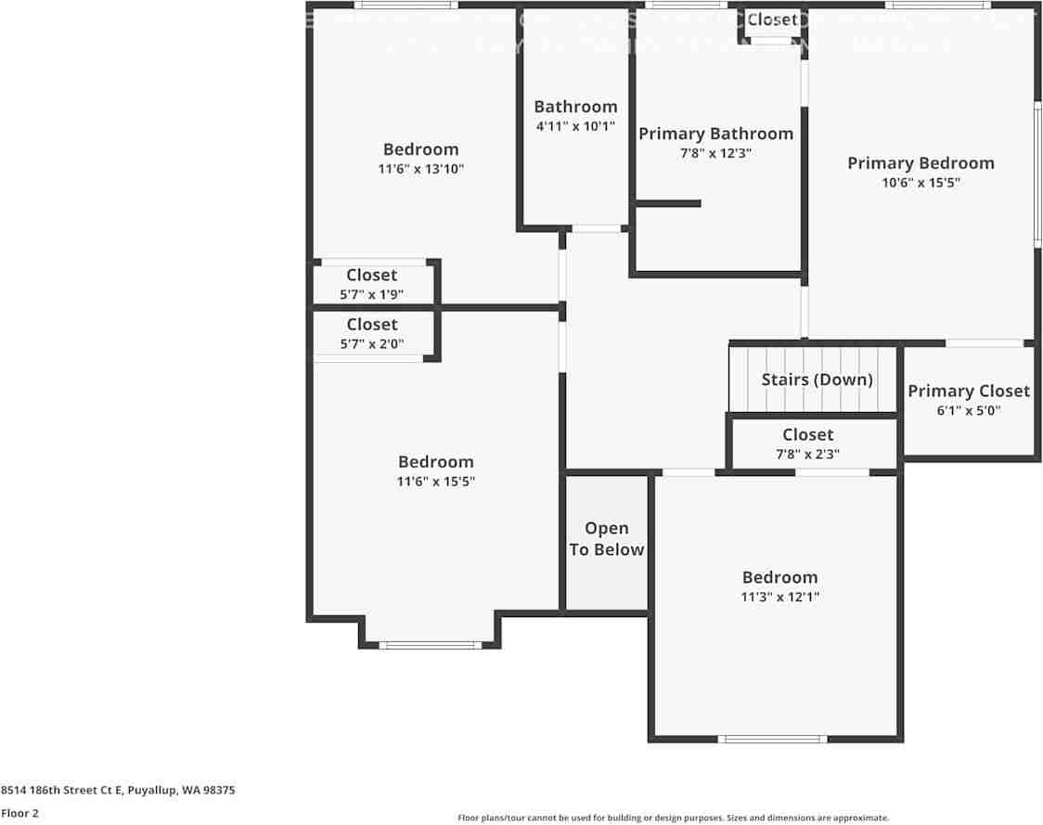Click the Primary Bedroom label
(x=921, y=163)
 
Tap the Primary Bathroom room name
(x=715, y=134)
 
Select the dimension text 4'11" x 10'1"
(x=575, y=126)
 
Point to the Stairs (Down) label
(x=817, y=380)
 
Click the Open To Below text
(x=606, y=539)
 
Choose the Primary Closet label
(x=969, y=391)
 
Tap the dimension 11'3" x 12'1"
(x=779, y=597)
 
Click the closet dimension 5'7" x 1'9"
(x=371, y=295)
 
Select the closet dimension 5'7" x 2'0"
(x=371, y=343)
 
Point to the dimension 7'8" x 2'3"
(x=807, y=454)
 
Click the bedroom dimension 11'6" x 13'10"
(x=420, y=169)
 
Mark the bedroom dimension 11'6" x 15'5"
(x=436, y=482)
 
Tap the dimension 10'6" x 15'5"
(x=921, y=183)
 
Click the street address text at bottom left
(x=118, y=791)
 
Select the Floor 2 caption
(x=19, y=813)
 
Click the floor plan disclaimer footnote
(x=673, y=818)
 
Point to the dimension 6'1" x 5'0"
(x=969, y=410)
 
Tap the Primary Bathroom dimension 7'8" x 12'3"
(x=715, y=153)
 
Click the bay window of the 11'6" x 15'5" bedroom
(x=430, y=644)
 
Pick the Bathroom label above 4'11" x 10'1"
(x=575, y=107)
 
